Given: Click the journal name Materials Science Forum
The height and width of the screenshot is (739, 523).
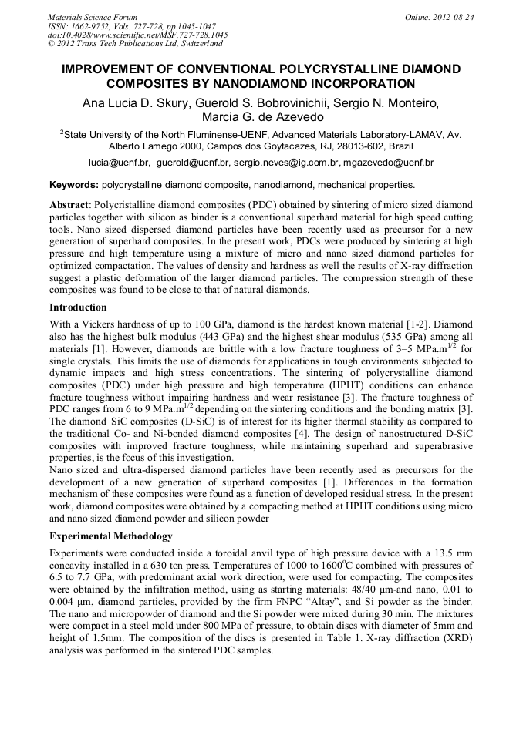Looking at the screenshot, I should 93,17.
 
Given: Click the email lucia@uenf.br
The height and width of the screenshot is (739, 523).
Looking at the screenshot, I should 119,163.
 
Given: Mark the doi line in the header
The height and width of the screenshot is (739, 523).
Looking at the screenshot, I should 138,35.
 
